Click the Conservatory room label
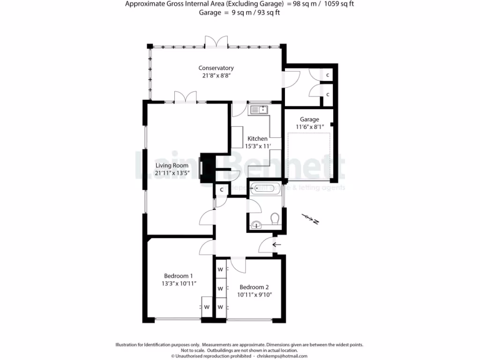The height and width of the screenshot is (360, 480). (x=216, y=68)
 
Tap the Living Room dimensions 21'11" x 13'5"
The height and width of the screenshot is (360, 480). (x=172, y=172)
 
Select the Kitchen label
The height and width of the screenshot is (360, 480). (x=257, y=138)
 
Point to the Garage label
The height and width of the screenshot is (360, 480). (x=309, y=120)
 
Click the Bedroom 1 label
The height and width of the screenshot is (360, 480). (x=178, y=276)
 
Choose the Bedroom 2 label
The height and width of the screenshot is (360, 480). (x=254, y=287)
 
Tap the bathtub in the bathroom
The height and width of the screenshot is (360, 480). (x=265, y=189)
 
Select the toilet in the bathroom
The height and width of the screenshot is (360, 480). (x=275, y=218)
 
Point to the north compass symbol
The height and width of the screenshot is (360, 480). (x=310, y=218)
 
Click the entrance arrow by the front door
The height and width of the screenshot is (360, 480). (x=277, y=244)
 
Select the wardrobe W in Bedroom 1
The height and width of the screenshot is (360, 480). (x=206, y=307)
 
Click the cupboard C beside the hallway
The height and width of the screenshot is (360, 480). (x=221, y=189)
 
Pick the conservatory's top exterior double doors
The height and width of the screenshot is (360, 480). (x=216, y=42)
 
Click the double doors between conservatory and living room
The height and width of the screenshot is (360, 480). (x=186, y=97)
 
